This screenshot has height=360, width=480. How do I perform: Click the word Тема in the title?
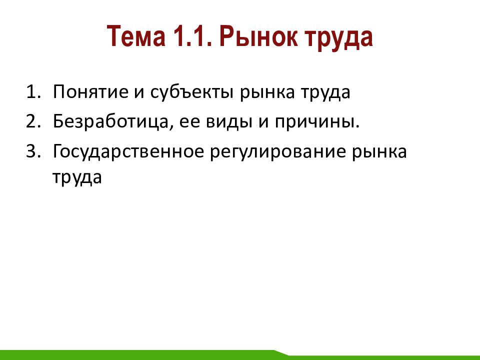136,36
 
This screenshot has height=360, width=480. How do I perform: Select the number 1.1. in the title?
192,36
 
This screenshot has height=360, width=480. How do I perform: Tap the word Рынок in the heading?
258,36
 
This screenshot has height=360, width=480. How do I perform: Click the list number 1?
33,91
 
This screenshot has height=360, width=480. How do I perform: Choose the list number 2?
33,121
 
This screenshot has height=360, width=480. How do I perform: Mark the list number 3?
33,151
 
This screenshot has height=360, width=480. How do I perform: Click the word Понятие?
90,91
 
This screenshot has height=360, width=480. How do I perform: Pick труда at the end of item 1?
325,93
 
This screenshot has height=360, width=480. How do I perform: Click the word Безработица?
111,121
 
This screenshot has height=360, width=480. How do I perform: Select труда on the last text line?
77,178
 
